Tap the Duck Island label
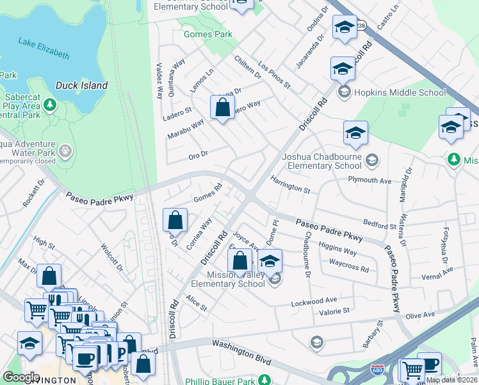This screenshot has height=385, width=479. click(81, 85)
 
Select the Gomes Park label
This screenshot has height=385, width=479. click(207, 34)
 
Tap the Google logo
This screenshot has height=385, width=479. click(21, 377)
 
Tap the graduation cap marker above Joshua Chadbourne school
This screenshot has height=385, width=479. click(355, 133)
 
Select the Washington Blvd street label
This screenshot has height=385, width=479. click(240, 345)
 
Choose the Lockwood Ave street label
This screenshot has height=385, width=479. click(314, 300)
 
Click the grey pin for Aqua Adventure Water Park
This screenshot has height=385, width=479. click(65, 151)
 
